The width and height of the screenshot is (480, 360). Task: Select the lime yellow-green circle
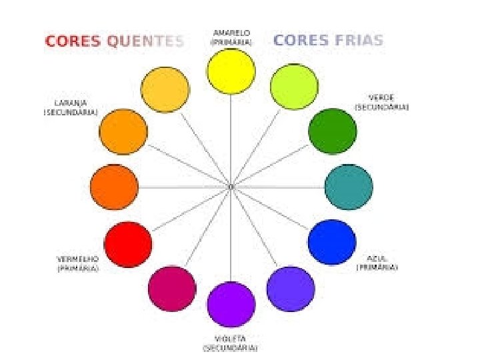point(293,86)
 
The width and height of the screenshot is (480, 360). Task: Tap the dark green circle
point(332,131)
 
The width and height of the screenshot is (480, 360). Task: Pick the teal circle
point(349,187)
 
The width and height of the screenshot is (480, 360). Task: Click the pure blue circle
point(332,241)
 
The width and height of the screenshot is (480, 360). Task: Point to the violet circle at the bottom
point(231,305)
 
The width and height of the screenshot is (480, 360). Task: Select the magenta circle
point(172,288)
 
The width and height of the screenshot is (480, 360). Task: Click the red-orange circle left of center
point(114,187)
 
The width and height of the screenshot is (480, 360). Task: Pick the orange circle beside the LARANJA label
point(123,131)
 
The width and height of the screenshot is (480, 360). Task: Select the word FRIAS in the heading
point(357,40)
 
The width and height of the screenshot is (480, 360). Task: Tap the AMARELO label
point(231,33)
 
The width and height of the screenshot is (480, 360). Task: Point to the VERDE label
point(381,97)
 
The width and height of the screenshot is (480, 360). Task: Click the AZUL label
point(377,258)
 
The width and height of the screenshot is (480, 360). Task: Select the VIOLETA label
point(230,339)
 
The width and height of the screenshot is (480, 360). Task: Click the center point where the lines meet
point(231,187)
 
